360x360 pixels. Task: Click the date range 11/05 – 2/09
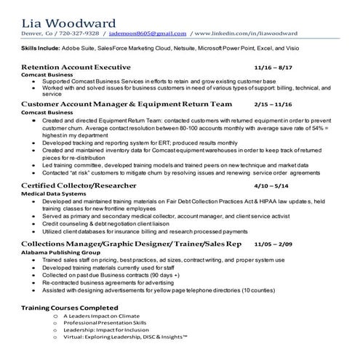273,242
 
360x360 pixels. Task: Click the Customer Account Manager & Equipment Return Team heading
117,105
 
